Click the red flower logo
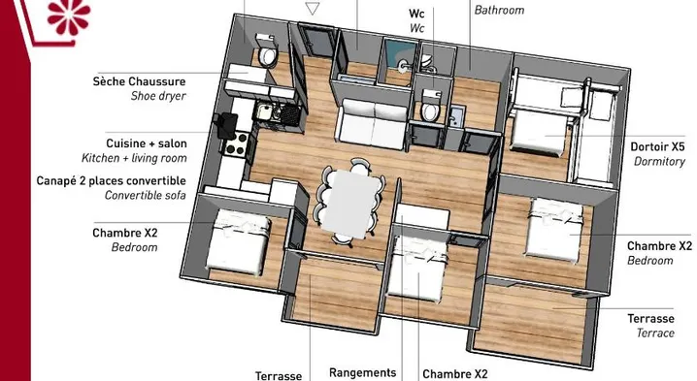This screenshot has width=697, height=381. tap(68, 16)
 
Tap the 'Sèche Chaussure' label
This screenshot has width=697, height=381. tap(139, 81)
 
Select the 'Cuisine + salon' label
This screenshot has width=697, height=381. tap(147, 143)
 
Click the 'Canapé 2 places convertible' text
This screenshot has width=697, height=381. tap(111, 180)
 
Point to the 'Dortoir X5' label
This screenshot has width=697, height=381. tap(657, 146)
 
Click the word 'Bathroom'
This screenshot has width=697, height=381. tap(499, 10)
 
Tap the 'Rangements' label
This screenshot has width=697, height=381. tap(363, 373)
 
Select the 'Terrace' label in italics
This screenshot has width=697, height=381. tap(655, 333)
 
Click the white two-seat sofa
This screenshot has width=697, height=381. tap(373, 123)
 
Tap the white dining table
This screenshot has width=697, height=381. tap(350, 202)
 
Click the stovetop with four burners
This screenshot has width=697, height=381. tap(236, 143)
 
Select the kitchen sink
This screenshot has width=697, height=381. tap(264, 111)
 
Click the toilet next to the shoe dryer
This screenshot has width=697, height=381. tap(267, 52)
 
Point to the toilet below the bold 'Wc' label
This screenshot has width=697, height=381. tap(430, 107)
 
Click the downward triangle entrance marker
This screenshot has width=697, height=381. tap(313, 9)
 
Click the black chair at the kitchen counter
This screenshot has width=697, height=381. tap(226, 125)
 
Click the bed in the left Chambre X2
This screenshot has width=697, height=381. tap(238, 242)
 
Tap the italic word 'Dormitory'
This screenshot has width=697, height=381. tap(660, 161)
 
